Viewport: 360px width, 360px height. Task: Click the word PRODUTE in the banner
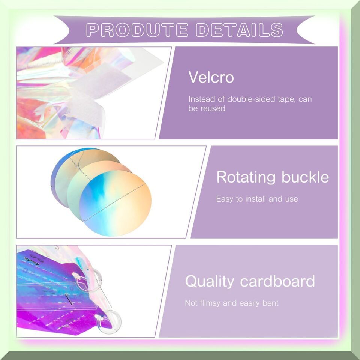pyautogui.click(x=137, y=30)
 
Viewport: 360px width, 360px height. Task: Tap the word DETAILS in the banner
pyautogui.click(x=240, y=30)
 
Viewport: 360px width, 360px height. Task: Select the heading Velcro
pyautogui.click(x=211, y=77)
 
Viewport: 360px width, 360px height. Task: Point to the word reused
pyautogui.click(x=213, y=108)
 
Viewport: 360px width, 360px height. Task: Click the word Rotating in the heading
pyautogui.click(x=246, y=177)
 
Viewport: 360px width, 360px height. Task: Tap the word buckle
pyautogui.click(x=305, y=177)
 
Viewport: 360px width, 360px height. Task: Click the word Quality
pyautogui.click(x=209, y=281)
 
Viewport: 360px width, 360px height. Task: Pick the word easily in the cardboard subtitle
pyautogui.click(x=250, y=303)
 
